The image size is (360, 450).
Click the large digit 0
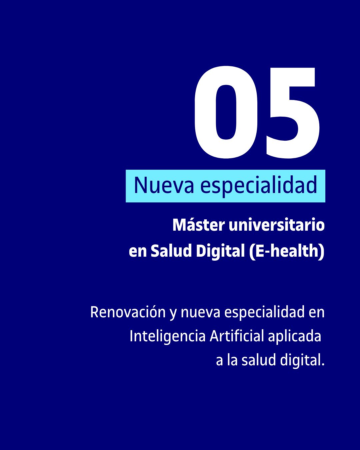[226, 112]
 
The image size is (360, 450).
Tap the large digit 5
[293, 113]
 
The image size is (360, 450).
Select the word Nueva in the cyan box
[164, 185]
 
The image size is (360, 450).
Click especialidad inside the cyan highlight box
[259, 186]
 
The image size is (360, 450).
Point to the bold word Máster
[199, 225]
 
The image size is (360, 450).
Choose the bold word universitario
[277, 225]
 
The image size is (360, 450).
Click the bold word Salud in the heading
[171, 251]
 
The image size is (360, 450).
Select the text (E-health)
[287, 252]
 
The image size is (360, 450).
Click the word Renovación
[128, 312]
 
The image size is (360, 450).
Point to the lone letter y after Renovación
[173, 315]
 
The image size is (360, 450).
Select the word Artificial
[237, 336]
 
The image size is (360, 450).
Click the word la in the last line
[232, 360]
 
